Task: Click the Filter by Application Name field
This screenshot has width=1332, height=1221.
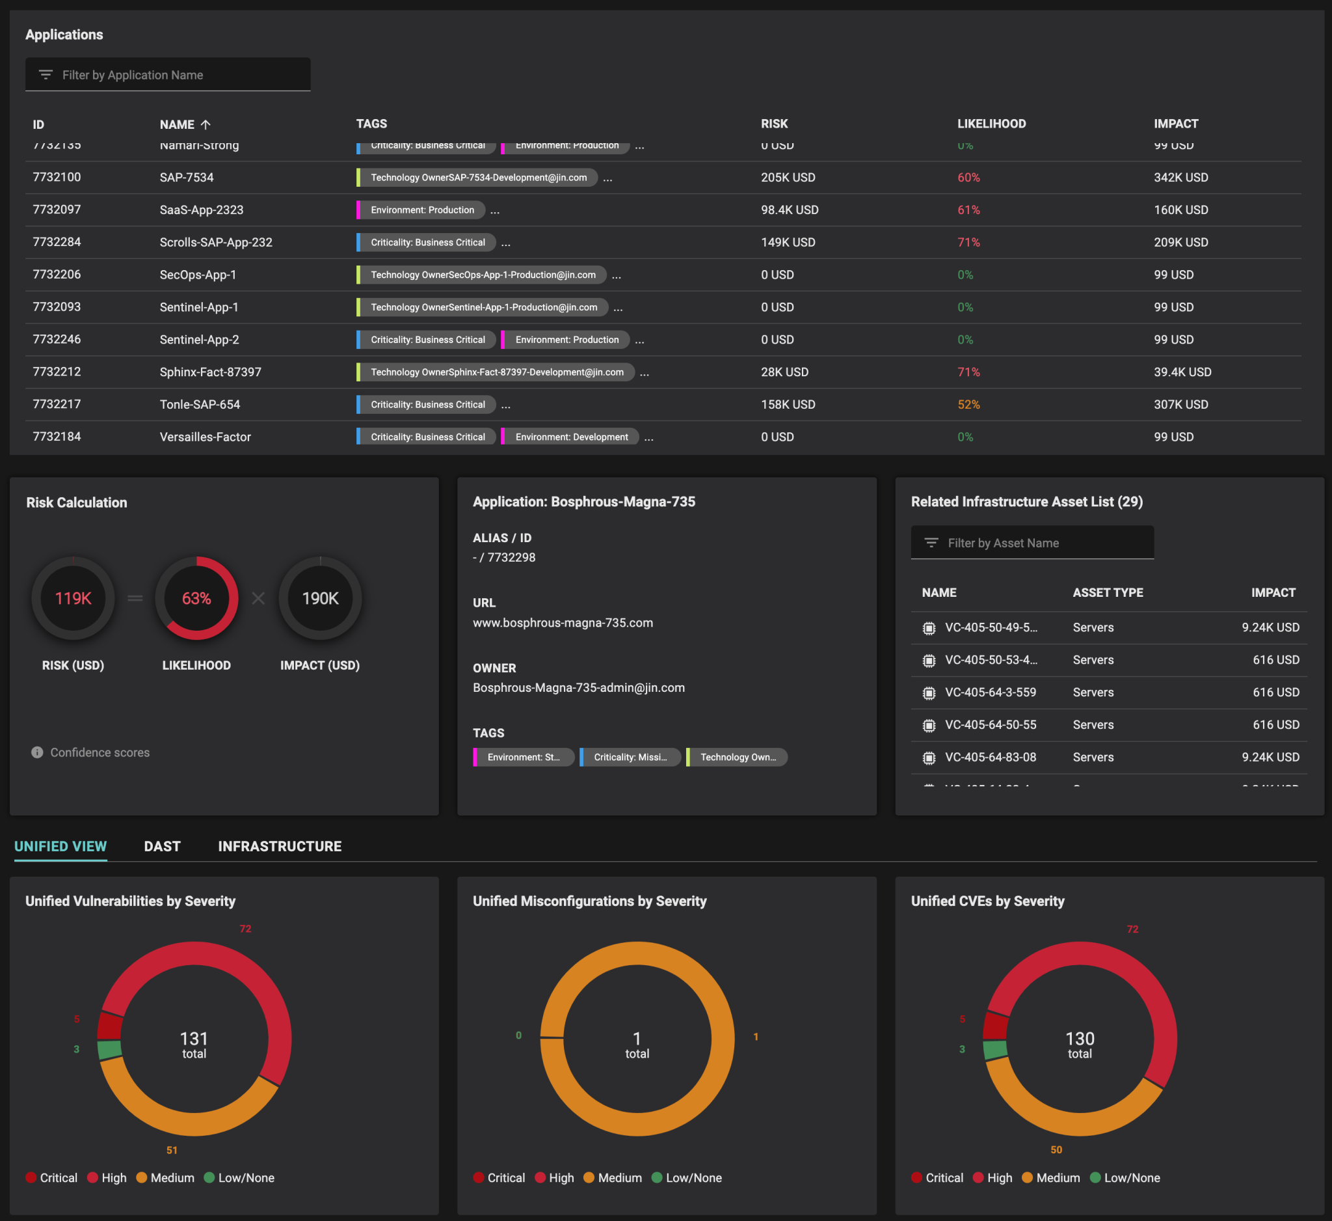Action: pos(168,75)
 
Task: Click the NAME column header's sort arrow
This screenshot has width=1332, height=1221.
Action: pos(206,124)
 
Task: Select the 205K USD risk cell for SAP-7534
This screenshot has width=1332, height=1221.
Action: pos(788,177)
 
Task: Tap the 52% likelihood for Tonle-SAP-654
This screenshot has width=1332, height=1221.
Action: pos(968,405)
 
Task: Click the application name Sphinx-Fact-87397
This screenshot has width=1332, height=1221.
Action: pos(210,372)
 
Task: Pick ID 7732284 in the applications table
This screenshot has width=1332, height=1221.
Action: pos(57,242)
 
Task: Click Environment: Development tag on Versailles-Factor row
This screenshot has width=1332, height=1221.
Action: pos(571,437)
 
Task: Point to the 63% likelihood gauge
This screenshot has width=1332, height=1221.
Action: pos(196,598)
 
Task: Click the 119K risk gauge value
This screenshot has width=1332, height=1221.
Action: pos(73,598)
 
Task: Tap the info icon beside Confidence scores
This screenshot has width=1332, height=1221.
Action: pos(37,752)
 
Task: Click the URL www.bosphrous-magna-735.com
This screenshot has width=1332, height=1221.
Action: pos(563,623)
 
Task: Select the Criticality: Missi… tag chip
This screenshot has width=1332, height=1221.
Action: pos(630,757)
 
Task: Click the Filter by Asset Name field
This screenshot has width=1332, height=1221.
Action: pos(1032,543)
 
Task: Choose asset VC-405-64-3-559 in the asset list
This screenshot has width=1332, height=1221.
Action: pos(990,692)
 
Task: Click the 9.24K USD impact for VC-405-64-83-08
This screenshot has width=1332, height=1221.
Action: pos(1270,757)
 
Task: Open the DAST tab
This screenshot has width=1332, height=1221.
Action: pos(162,846)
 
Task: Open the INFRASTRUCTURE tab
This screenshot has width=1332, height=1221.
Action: pos(280,846)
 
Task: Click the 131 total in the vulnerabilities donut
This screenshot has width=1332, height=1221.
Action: pos(194,1043)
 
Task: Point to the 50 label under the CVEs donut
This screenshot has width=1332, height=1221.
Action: pos(1056,1149)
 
